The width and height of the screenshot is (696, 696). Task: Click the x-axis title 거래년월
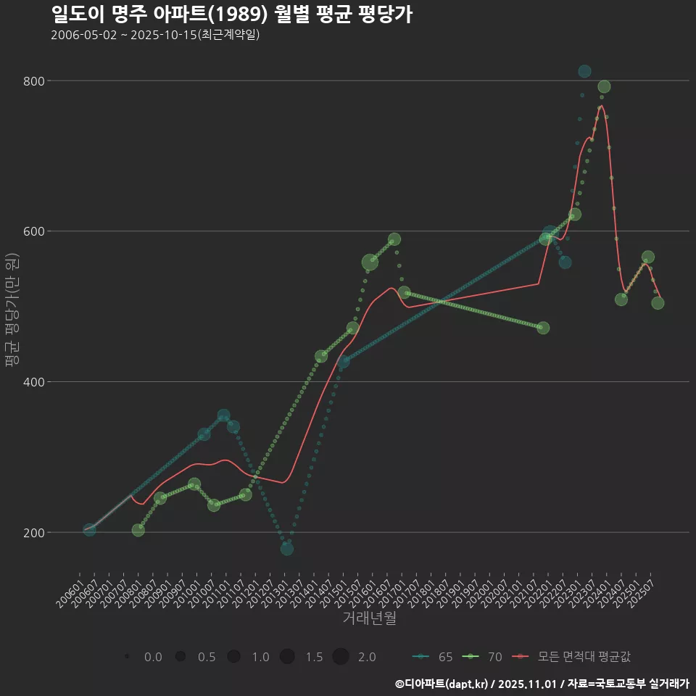coord(369,618)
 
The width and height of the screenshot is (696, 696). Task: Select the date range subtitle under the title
coord(155,35)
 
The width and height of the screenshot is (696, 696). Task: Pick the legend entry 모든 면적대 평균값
coord(573,657)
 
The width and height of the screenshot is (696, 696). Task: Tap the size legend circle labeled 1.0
coord(233,657)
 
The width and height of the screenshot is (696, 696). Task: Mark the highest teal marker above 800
coord(584,71)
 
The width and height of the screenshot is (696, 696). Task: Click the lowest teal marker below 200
coord(287,549)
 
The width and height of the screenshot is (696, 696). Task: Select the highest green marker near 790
coord(604,87)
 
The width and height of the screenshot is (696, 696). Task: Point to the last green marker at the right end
coord(658,303)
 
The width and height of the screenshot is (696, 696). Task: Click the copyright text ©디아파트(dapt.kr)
coord(443,684)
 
